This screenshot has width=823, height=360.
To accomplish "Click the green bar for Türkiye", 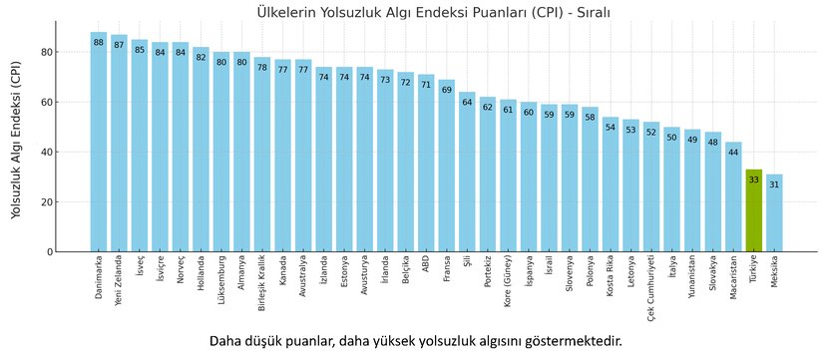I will (754, 211).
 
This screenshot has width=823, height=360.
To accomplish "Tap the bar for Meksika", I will (774, 213).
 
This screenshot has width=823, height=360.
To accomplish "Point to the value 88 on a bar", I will (99, 43).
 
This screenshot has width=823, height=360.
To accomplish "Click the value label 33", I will (754, 180).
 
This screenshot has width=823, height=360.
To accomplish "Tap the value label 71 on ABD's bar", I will (426, 86).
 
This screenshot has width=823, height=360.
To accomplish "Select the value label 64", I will (467, 103).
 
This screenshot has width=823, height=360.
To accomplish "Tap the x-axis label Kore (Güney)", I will (508, 283).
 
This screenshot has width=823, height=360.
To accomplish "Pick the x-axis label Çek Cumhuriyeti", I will (651, 286).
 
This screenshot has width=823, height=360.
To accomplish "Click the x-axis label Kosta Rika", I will (611, 278).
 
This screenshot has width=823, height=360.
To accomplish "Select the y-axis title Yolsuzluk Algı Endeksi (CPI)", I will (17, 139).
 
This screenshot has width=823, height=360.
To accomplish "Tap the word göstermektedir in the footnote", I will (565, 341).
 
